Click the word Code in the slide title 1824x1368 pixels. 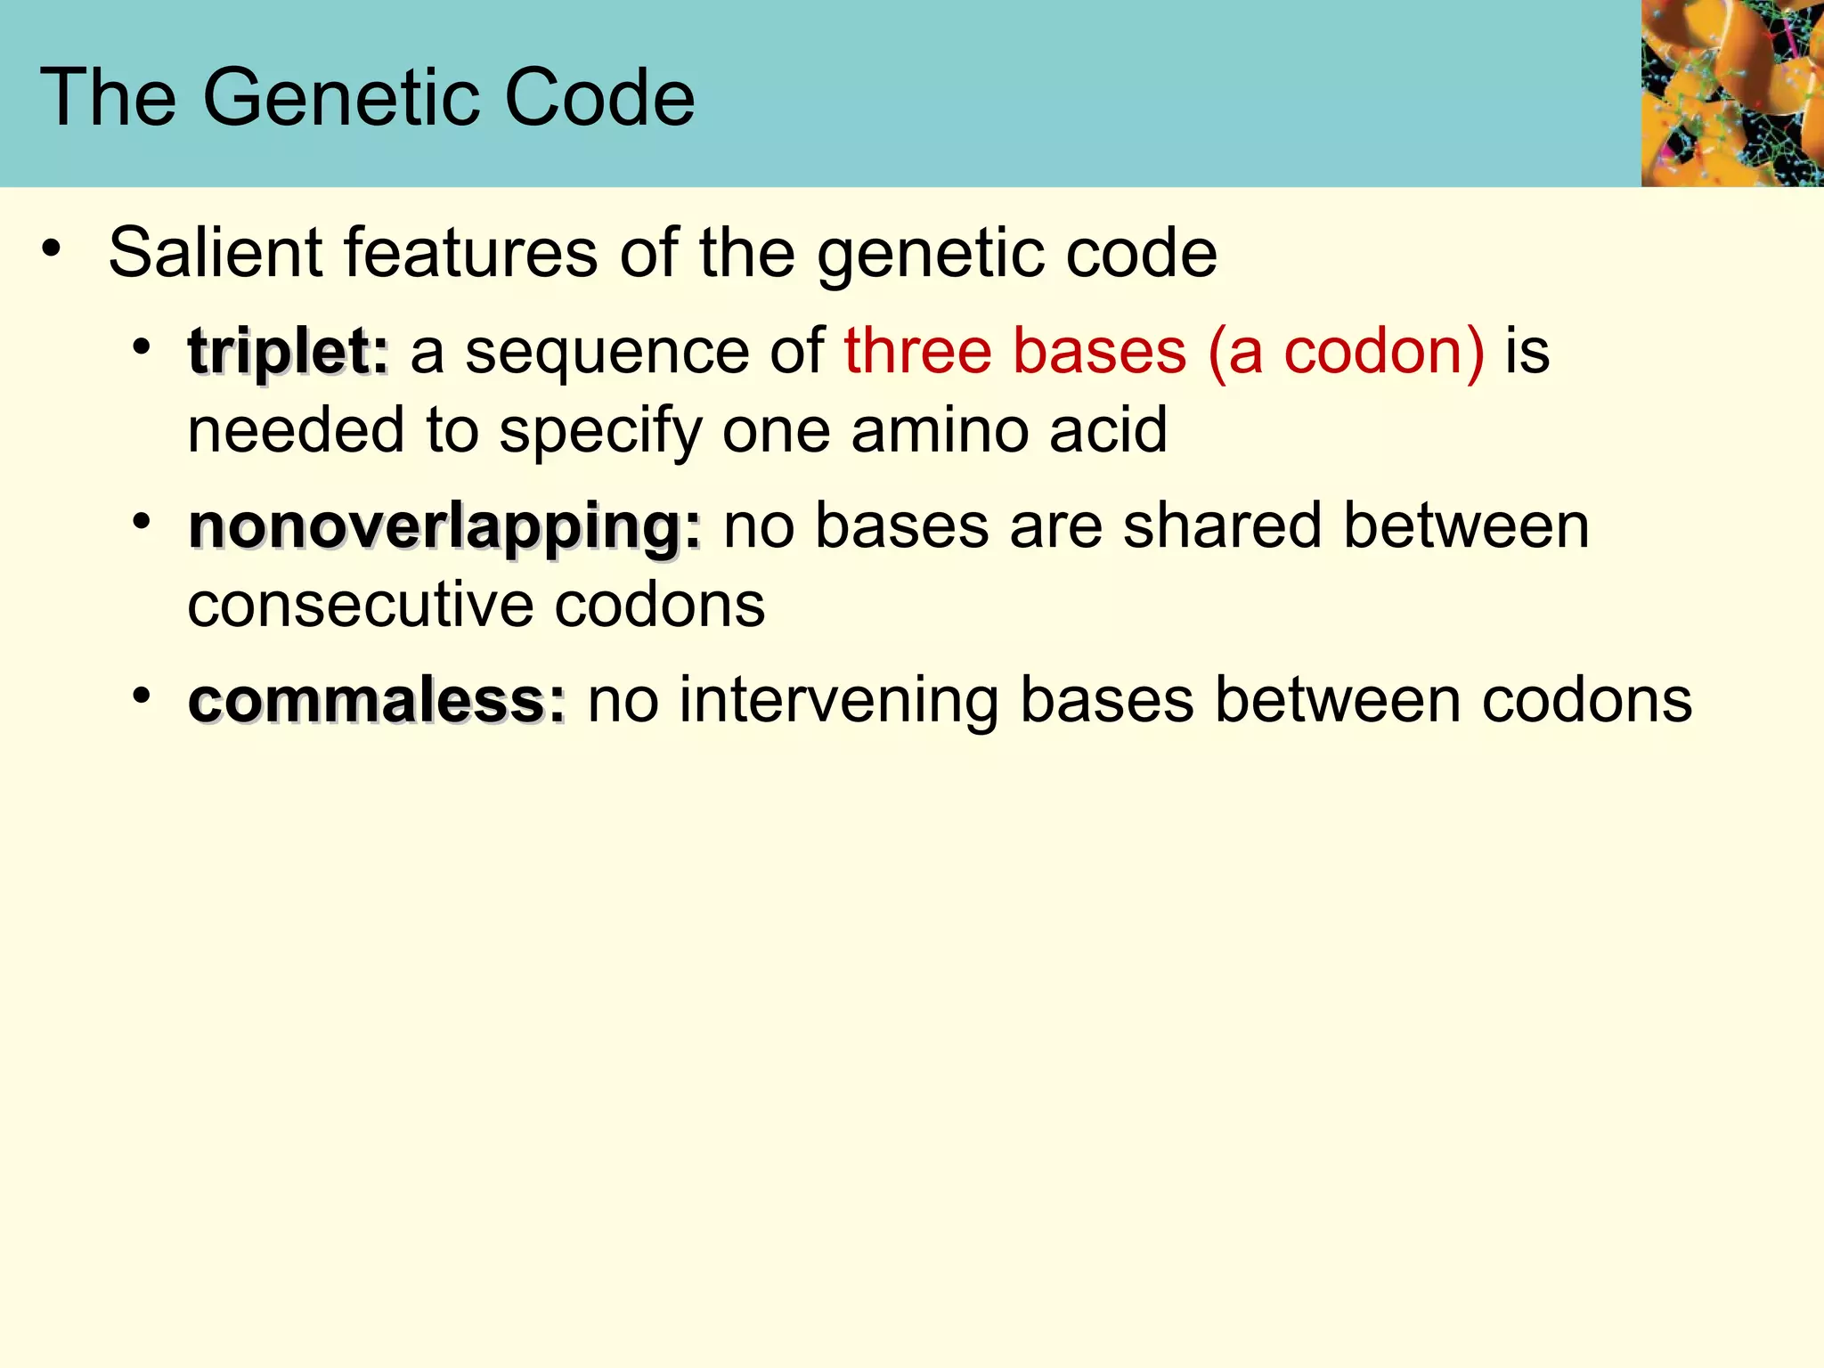click(599, 97)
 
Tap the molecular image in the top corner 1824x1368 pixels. click(1731, 93)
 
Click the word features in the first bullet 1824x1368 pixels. click(470, 253)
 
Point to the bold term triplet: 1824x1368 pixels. click(288, 351)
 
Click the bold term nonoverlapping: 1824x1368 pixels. click(444, 527)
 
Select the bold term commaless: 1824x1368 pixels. click(376, 701)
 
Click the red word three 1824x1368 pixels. click(917, 351)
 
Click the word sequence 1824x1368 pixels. click(607, 353)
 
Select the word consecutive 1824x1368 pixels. click(361, 606)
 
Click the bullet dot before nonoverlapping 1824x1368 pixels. click(141, 522)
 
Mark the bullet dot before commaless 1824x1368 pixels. click(141, 696)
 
